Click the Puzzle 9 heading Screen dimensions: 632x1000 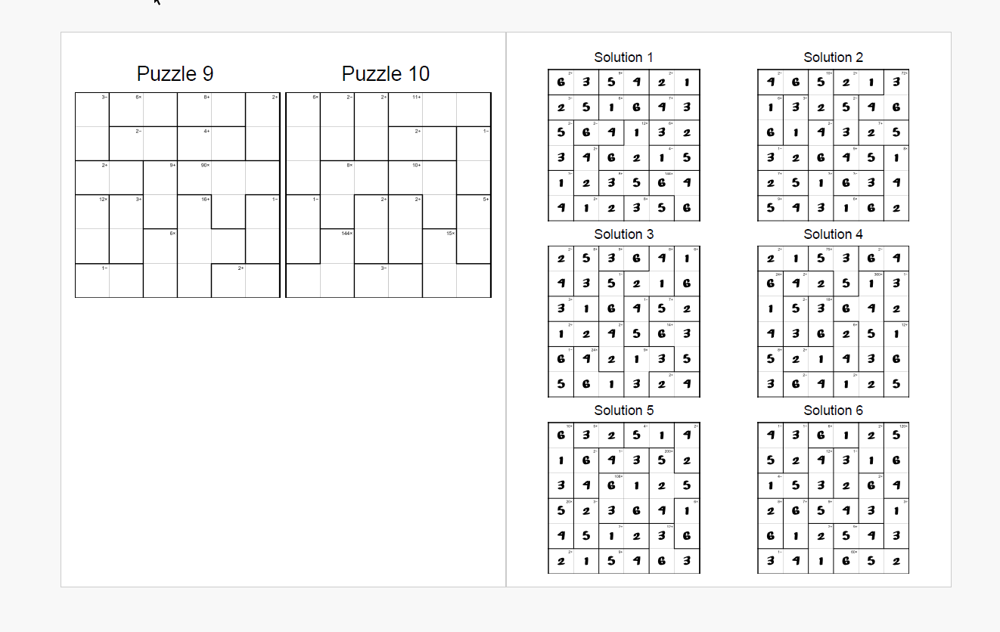(175, 74)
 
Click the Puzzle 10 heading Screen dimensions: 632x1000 (386, 74)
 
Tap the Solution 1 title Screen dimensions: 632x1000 (623, 57)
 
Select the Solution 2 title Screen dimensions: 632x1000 (833, 57)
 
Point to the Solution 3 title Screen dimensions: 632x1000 (623, 234)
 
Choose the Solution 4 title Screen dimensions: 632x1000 (833, 234)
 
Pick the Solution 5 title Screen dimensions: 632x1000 (623, 410)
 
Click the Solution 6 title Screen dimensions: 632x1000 (833, 410)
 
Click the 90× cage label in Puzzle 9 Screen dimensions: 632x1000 (205, 165)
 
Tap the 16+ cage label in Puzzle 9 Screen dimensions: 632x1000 (206, 199)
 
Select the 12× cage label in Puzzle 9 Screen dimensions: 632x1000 (103, 199)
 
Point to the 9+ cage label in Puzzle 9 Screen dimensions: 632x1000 (172, 165)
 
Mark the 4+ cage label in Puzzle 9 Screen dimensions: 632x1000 (207, 131)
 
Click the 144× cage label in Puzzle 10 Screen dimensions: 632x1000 (347, 233)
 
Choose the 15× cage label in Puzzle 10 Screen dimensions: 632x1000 (451, 233)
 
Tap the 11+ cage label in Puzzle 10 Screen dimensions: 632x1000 (417, 97)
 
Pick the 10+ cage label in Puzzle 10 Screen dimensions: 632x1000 (417, 165)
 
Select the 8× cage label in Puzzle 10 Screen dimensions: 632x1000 (350, 165)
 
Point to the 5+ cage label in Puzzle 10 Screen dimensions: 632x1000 (486, 199)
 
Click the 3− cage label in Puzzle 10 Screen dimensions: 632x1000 (384, 267)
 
